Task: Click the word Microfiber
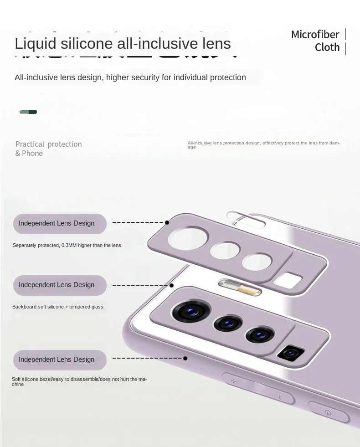pos(315,35)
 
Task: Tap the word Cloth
pos(327,47)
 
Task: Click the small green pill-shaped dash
pos(28,112)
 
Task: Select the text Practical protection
pos(49,144)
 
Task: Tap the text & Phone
pos(29,154)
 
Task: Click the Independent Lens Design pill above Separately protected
pos(60,224)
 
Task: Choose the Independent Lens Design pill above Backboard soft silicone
pos(60,285)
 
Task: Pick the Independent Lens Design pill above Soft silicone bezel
pos(60,360)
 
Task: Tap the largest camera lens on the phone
pos(188,312)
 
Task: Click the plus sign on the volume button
pos(233,380)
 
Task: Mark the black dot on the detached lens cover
pos(167,222)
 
